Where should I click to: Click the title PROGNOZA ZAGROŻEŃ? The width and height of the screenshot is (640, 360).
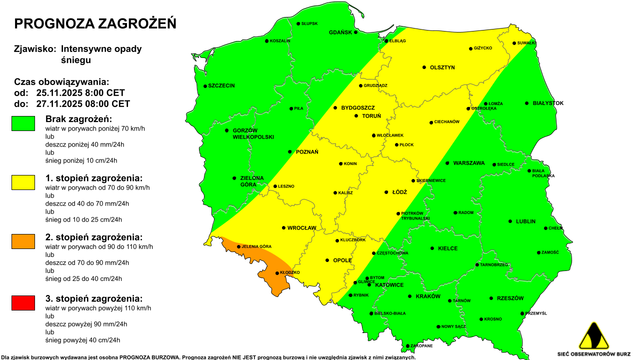pos(95,23)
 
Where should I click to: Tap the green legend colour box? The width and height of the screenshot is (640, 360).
pos(23,123)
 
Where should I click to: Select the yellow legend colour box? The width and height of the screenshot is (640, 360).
pos(23,182)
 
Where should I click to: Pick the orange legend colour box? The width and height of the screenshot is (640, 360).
pos(23,241)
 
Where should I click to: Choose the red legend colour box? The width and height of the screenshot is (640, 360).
pos(23,302)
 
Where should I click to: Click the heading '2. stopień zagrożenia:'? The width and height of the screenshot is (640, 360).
pos(94,237)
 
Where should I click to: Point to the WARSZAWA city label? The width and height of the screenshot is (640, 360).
pos(469,163)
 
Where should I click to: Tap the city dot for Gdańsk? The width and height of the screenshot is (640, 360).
pos(356,32)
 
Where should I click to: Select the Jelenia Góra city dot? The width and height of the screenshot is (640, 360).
pos(238,246)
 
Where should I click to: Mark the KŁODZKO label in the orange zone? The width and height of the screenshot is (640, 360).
pos(289,272)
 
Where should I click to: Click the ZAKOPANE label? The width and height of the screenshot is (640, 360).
pos(422,346)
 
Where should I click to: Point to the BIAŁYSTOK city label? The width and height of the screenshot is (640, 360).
pos(548,103)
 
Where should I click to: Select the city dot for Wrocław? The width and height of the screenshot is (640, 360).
pos(283,228)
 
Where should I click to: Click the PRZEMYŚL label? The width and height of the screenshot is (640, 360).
pos(536,313)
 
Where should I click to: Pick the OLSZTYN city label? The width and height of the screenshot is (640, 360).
pos(442,67)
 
